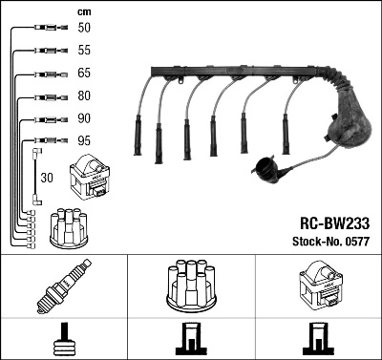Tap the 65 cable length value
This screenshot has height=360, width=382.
(x=84, y=74)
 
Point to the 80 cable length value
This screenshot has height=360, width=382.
(x=84, y=95)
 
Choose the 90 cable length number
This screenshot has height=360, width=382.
(x=84, y=119)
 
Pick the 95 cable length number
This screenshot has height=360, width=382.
(x=84, y=141)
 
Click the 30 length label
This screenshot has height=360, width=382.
(x=48, y=178)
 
